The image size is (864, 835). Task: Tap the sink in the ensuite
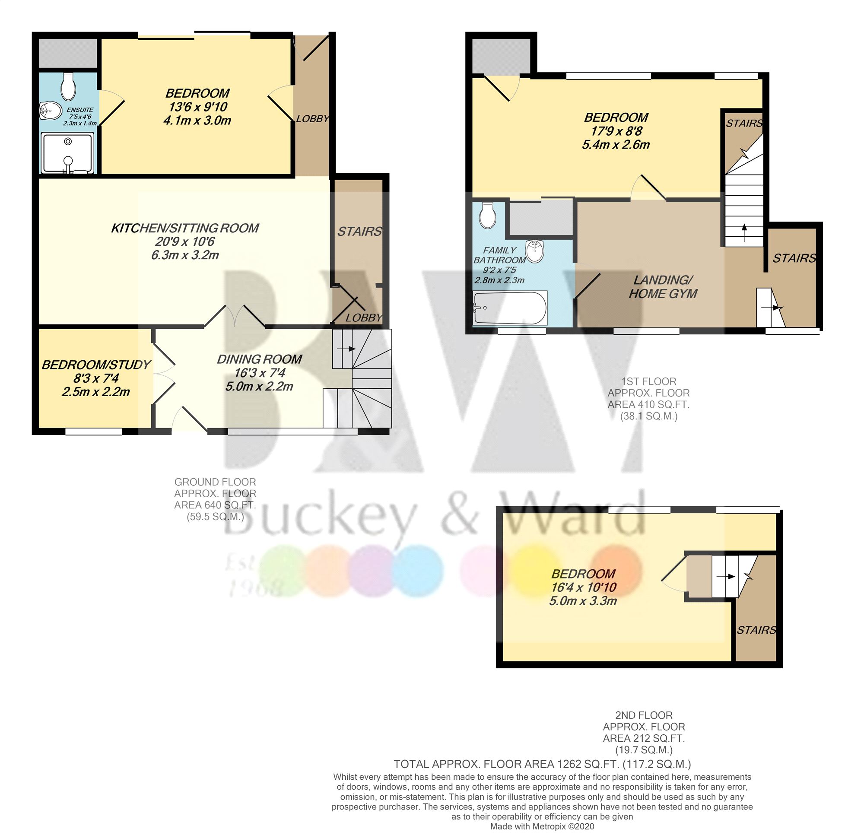(50, 111)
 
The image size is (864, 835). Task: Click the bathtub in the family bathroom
(510, 308)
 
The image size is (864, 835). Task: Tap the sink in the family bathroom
(534, 251)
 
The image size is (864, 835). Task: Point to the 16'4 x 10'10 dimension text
(583, 587)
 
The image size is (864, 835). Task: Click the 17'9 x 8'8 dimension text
(616, 131)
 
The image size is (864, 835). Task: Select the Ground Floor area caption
(215, 499)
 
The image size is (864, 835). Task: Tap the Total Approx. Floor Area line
(542, 764)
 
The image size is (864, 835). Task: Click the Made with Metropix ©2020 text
(542, 827)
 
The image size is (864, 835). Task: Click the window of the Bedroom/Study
(93, 432)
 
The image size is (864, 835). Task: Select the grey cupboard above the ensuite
(67, 53)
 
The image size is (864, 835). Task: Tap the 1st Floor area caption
(648, 399)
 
